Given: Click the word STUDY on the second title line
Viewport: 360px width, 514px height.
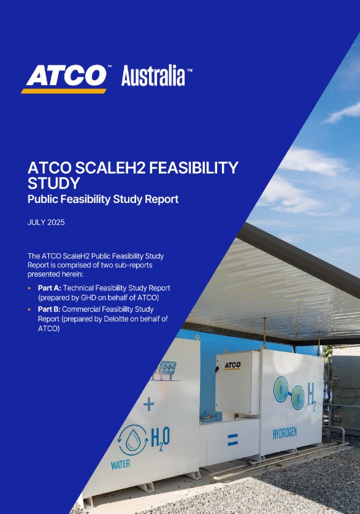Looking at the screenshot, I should click(54, 183).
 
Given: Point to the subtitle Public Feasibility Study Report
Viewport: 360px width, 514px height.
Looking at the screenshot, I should click(103, 199).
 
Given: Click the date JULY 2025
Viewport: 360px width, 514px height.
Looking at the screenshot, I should click(46, 223).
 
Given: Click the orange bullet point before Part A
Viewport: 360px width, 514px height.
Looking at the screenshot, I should click(31, 288).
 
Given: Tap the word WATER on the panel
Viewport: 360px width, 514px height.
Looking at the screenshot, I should click(120, 465).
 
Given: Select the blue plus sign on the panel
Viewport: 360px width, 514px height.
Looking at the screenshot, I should click(148, 404).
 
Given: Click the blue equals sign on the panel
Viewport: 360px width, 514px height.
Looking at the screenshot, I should click(232, 439).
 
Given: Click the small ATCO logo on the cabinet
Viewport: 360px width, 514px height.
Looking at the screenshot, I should click(232, 365).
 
